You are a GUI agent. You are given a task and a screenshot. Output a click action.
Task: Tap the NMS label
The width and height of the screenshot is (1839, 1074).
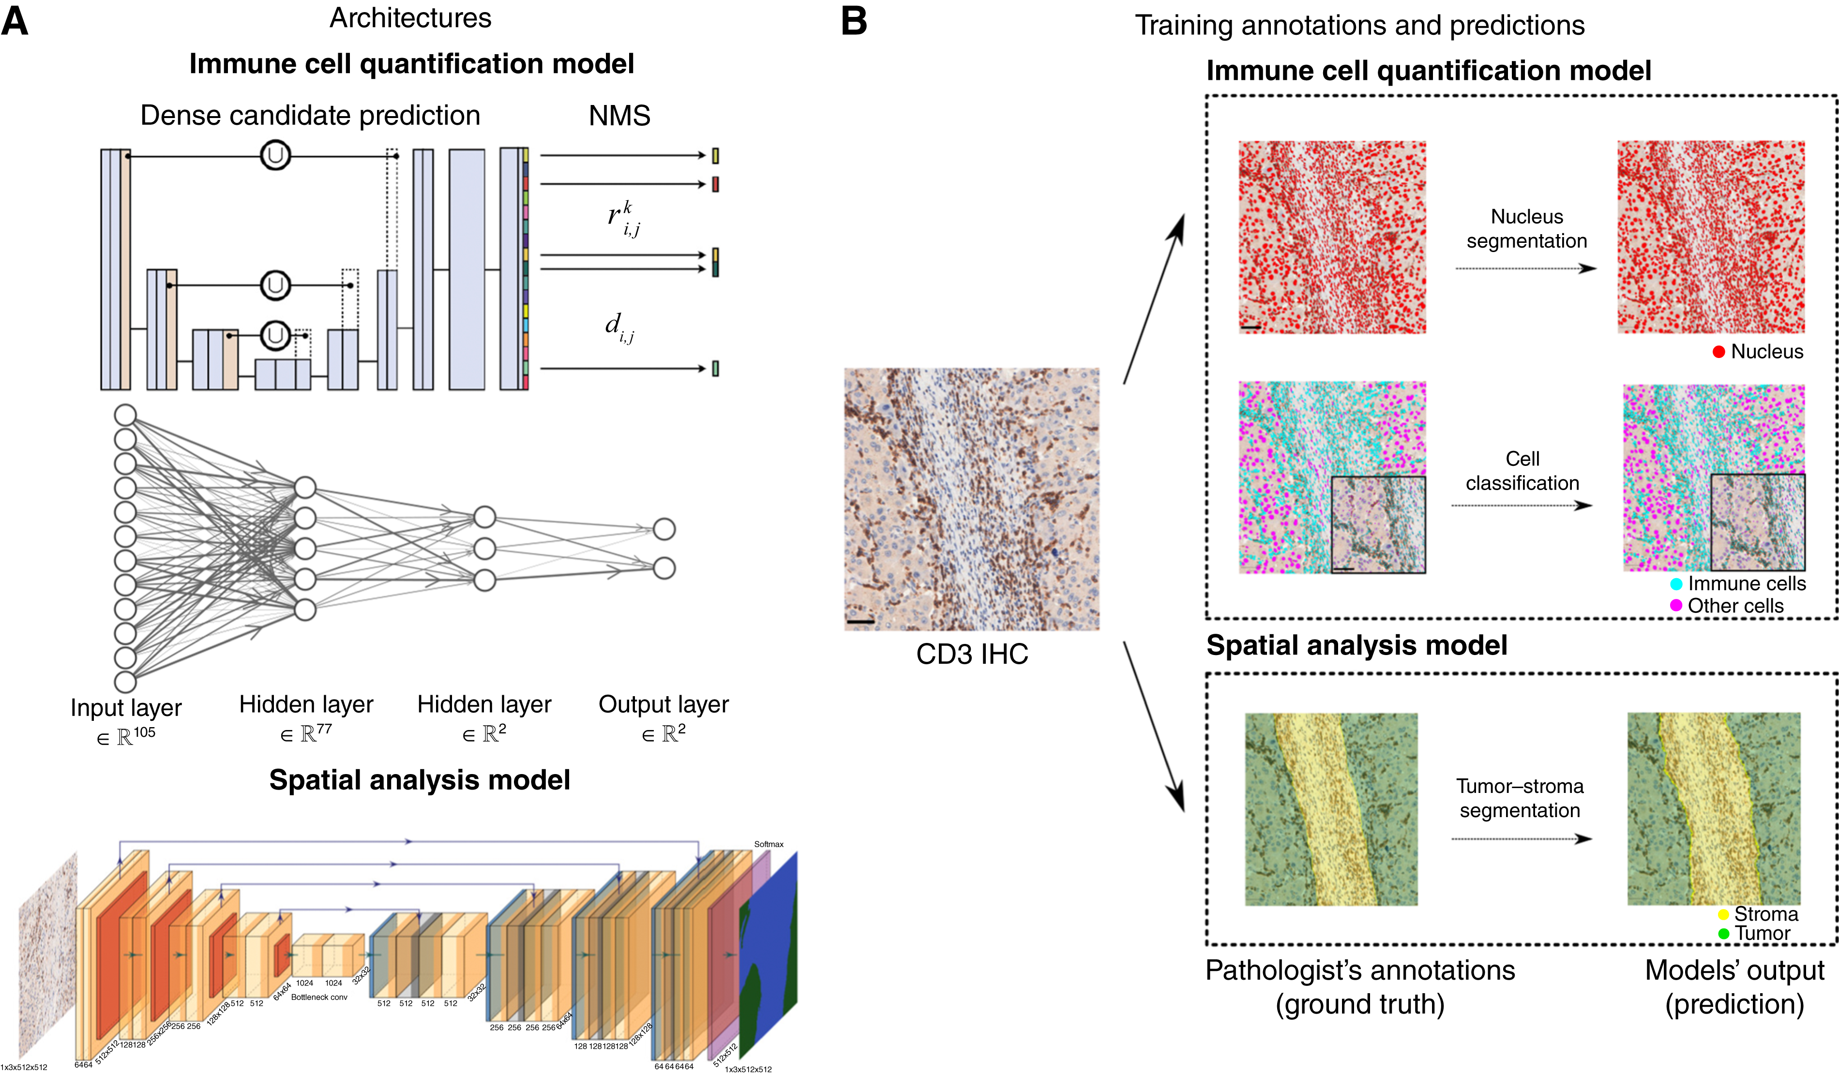coord(619,115)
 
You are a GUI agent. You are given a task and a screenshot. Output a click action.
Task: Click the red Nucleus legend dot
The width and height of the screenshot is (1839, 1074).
coord(1718,352)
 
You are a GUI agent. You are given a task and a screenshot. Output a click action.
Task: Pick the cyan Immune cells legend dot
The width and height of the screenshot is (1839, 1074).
coord(1676,584)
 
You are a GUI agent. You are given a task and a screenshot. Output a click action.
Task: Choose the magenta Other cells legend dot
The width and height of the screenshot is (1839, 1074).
coord(1676,605)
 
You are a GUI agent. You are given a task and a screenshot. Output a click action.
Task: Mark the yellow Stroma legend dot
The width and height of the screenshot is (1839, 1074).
coord(1724,914)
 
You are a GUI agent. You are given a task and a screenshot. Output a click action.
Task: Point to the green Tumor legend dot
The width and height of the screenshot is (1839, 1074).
coord(1724,933)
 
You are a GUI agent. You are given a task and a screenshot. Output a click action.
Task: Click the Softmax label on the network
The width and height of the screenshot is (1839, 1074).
coord(769,844)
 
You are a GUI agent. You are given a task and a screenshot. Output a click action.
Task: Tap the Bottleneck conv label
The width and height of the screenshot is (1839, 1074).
coord(319,997)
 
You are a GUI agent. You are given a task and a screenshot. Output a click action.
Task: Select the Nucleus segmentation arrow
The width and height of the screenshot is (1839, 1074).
coord(1525,268)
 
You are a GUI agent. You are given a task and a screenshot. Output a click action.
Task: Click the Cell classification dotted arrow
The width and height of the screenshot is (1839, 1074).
coord(1522,505)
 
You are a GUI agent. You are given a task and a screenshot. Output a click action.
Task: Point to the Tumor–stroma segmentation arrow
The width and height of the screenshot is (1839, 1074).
coord(1522,838)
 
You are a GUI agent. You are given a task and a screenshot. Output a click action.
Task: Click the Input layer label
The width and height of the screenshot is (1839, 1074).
coord(125,708)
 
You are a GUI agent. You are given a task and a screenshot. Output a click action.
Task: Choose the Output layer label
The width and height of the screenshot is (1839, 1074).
coord(663,704)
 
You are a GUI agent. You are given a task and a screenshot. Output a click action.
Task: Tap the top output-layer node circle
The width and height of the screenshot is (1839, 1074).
coord(663,529)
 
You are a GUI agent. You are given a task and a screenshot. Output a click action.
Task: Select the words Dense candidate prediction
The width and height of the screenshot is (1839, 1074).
coord(310,115)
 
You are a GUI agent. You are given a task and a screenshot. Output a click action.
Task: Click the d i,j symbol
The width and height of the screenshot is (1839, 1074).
coord(619,327)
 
